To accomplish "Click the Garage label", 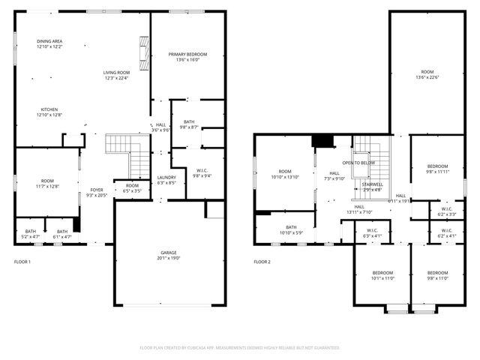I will pyautogui.click(x=169, y=255).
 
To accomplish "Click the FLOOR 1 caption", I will pyautogui.click(x=22, y=262).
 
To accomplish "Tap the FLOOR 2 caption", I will pyautogui.click(x=262, y=262).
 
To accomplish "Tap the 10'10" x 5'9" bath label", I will pyautogui.click(x=290, y=229).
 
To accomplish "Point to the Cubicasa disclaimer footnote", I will pyautogui.click(x=239, y=348).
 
